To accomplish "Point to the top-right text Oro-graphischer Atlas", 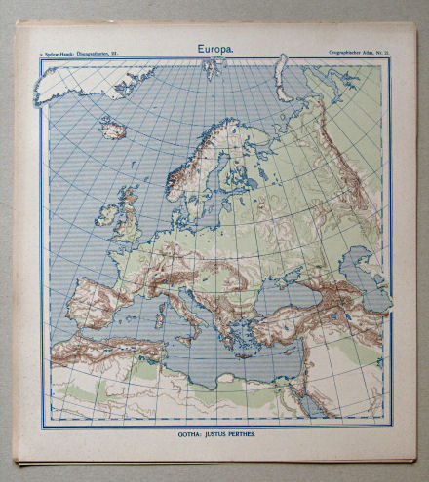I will coord(357,48).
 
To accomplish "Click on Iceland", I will coord(111,128).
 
